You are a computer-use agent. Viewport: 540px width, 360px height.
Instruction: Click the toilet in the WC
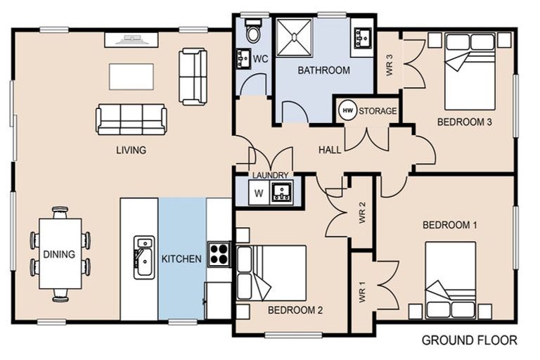[252, 30]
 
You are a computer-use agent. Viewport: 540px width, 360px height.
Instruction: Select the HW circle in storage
[347, 110]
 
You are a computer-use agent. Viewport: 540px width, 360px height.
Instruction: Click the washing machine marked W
[258, 192]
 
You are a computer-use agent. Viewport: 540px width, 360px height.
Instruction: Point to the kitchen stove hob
[219, 253]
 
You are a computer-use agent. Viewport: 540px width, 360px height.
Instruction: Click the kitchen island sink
[144, 257]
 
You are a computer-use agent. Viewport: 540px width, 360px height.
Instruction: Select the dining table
[60, 254]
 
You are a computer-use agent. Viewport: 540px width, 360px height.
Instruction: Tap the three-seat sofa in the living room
[131, 119]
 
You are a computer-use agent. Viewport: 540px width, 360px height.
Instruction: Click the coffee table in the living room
[131, 77]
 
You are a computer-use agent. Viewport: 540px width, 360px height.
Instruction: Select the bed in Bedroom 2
[273, 273]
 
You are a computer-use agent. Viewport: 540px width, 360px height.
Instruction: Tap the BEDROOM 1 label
[449, 225]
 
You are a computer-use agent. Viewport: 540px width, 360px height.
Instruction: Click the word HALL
[329, 150]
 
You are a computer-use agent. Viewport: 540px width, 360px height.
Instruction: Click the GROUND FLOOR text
[469, 340]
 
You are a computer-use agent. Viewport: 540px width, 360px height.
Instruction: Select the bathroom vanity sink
[362, 37]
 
